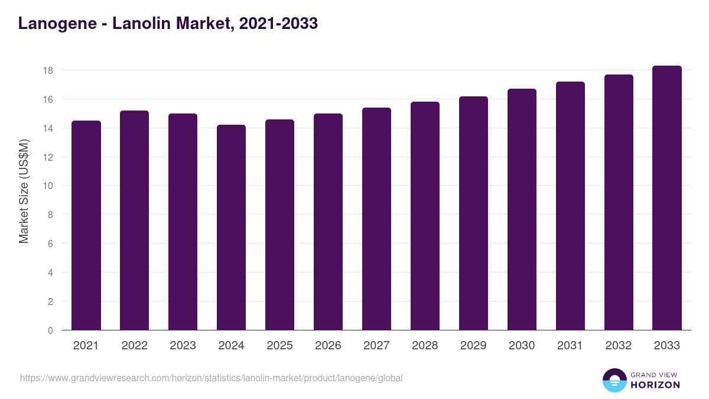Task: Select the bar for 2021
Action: pyautogui.click(x=86, y=225)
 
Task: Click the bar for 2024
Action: pyautogui.click(x=232, y=228)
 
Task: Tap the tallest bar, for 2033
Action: pyautogui.click(x=667, y=198)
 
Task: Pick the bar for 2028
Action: pyautogui.click(x=425, y=216)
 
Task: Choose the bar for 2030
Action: pyautogui.click(x=522, y=209)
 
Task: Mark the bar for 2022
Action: pyautogui.click(x=135, y=220)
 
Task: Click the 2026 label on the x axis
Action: pyautogui.click(x=328, y=346)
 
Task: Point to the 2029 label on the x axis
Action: pyautogui.click(x=473, y=346)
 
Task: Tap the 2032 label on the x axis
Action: pyautogui.click(x=619, y=346)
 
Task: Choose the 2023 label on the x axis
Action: pyautogui.click(x=183, y=346)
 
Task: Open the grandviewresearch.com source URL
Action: pyautogui.click(x=211, y=378)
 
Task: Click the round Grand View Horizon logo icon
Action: pyautogui.click(x=614, y=380)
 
